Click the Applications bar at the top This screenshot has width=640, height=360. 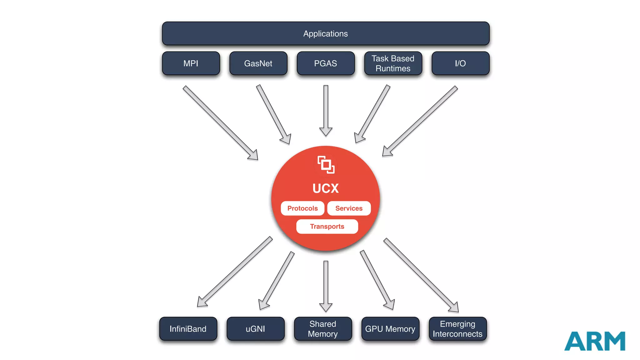[326, 33]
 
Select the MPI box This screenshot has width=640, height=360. [191, 63]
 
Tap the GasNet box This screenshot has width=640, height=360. [258, 63]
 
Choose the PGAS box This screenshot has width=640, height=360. [326, 63]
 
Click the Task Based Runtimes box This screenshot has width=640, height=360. [393, 63]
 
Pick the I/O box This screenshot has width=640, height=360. [460, 63]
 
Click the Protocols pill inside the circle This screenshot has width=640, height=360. [302, 208]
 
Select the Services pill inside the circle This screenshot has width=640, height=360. [349, 208]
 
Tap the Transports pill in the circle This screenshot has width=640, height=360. [327, 227]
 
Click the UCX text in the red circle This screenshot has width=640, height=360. [326, 188]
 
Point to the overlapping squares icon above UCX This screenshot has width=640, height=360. [326, 165]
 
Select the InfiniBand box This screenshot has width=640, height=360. [188, 329]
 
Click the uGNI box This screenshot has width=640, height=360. [255, 329]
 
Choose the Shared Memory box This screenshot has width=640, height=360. [323, 329]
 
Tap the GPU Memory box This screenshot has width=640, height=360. [390, 329]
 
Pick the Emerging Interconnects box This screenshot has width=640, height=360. [457, 329]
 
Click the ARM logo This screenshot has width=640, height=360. [595, 341]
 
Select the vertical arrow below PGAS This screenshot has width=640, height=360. [326, 109]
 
